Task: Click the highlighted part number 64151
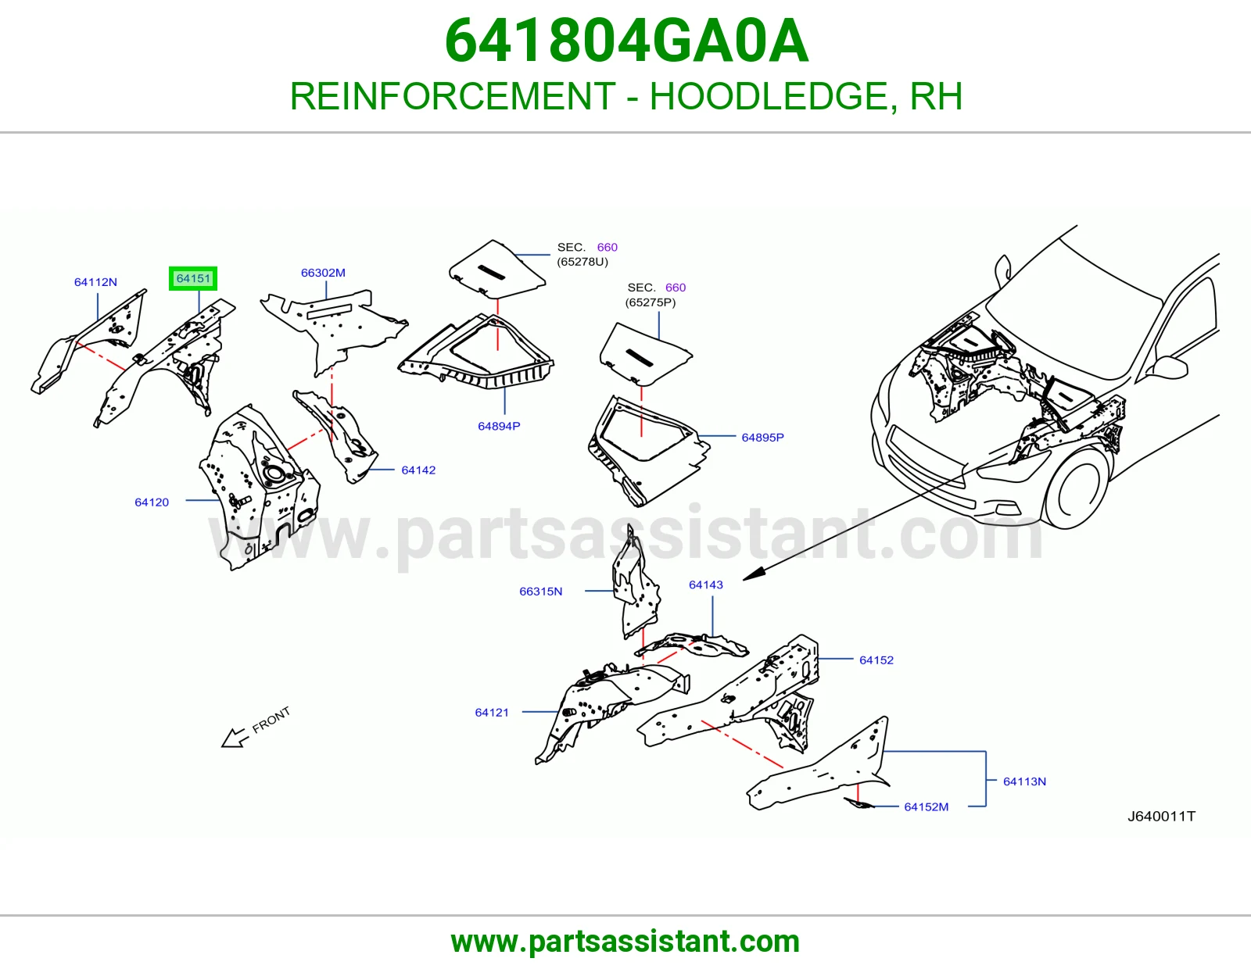(x=193, y=278)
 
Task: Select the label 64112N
(x=95, y=282)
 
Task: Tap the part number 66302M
(x=323, y=273)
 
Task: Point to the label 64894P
(x=499, y=427)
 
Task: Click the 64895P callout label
(x=762, y=438)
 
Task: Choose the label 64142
(x=418, y=470)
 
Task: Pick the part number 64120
(x=152, y=502)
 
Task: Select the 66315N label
(x=540, y=592)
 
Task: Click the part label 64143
(x=706, y=585)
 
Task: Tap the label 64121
(x=492, y=713)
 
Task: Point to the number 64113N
(x=1024, y=781)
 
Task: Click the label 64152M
(x=926, y=806)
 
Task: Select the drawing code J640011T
(x=1160, y=816)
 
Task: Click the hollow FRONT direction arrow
(x=235, y=738)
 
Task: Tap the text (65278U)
(x=582, y=262)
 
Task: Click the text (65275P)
(x=650, y=302)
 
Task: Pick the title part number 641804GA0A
(x=625, y=41)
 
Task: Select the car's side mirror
(x=1169, y=367)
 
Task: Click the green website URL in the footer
(x=625, y=942)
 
